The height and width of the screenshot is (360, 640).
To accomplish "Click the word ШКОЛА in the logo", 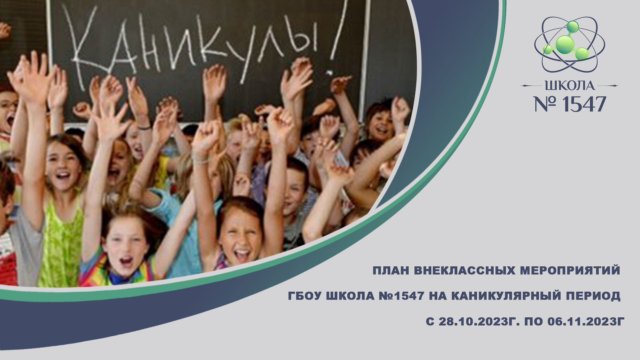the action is coord(570,86).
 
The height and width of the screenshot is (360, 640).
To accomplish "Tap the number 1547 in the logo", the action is coord(584,104).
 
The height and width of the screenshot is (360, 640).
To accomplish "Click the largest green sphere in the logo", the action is coord(565,45).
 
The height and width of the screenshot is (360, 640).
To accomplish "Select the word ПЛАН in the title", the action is coord(391,270).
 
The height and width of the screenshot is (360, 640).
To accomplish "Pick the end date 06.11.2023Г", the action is coord(586,321).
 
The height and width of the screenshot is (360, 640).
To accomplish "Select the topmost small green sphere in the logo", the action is coord(572,26).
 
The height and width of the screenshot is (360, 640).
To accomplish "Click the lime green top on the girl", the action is coord(62,243).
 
